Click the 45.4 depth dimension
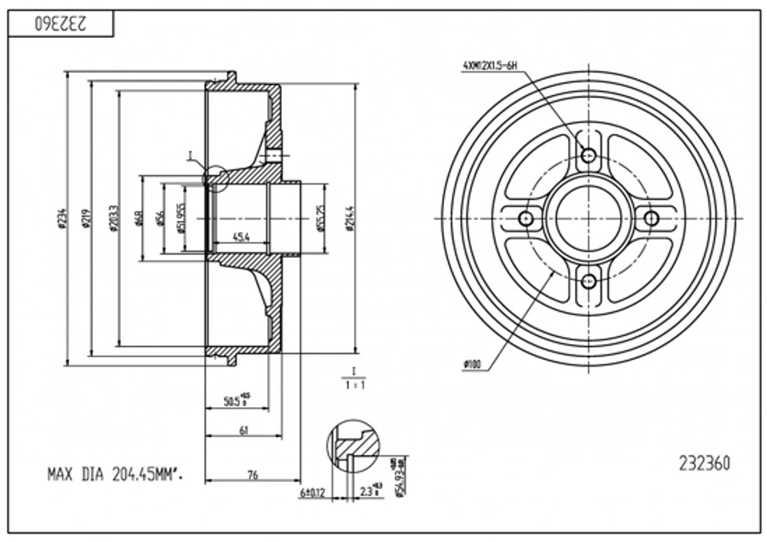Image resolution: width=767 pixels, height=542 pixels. tap(241, 237)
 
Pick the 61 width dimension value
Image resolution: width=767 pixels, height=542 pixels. tap(244, 430)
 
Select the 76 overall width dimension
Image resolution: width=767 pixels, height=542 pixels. tap(253, 474)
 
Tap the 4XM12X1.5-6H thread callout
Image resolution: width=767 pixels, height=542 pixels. tap(490, 66)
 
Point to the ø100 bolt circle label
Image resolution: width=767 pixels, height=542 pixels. tap(472, 365)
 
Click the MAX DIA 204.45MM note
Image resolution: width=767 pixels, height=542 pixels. tap(115, 475)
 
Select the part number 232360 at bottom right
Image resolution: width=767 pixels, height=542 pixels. tap(704, 463)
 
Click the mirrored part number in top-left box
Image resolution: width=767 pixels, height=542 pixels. tap(60, 24)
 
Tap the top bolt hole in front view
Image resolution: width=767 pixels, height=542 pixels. tap(589, 155)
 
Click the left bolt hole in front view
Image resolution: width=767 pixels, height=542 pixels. tap(527, 218)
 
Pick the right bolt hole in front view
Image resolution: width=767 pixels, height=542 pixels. tap(652, 218)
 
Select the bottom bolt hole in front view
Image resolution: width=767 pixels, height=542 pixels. tap(589, 281)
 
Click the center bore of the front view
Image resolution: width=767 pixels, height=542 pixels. tap(589, 218)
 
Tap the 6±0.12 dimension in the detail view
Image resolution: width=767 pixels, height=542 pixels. tap(312, 492)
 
